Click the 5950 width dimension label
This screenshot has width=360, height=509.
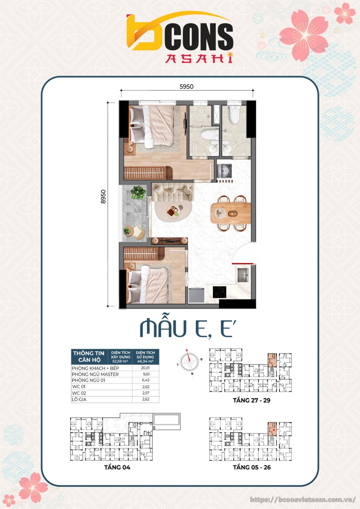click(186, 86)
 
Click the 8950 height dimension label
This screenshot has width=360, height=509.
click(103, 197)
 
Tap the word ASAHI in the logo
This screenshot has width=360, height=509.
click(199, 58)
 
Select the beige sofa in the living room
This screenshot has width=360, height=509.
click(173, 193)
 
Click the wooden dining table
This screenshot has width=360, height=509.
click(231, 213)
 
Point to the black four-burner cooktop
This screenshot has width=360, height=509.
click(219, 292)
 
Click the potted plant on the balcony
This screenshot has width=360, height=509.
click(138, 192)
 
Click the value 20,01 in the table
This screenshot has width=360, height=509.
click(145, 368)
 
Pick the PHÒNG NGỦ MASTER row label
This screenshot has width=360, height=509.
click(95, 374)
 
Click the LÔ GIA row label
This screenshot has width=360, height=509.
click(79, 399)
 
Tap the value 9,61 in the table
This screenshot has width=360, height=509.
click(146, 374)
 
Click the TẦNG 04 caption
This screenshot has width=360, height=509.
click(117, 467)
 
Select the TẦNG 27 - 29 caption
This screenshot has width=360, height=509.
click(251, 400)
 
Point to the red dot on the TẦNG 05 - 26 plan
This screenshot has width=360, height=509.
click(274, 430)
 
